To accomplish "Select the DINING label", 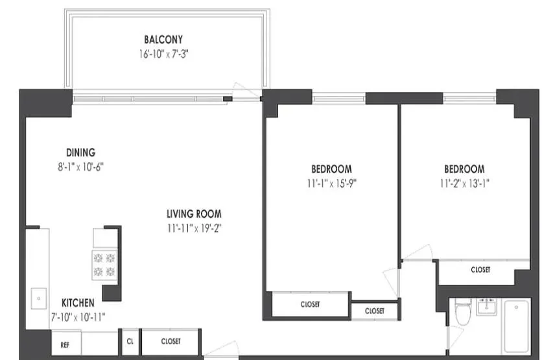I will (80, 152).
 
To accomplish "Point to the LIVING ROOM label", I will (194, 213).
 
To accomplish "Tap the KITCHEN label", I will (78, 303).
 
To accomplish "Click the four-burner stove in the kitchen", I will (104, 264).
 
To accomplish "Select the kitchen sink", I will (38, 298).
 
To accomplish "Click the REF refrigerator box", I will (65, 344).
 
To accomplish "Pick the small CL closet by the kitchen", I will (129, 341).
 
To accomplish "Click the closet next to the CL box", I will (171, 341).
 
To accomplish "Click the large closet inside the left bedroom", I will (310, 304).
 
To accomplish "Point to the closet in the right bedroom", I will (480, 270).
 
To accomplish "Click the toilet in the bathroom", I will (463, 313).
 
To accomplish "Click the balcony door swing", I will (245, 92).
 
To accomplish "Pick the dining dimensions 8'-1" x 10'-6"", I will (80, 167).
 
